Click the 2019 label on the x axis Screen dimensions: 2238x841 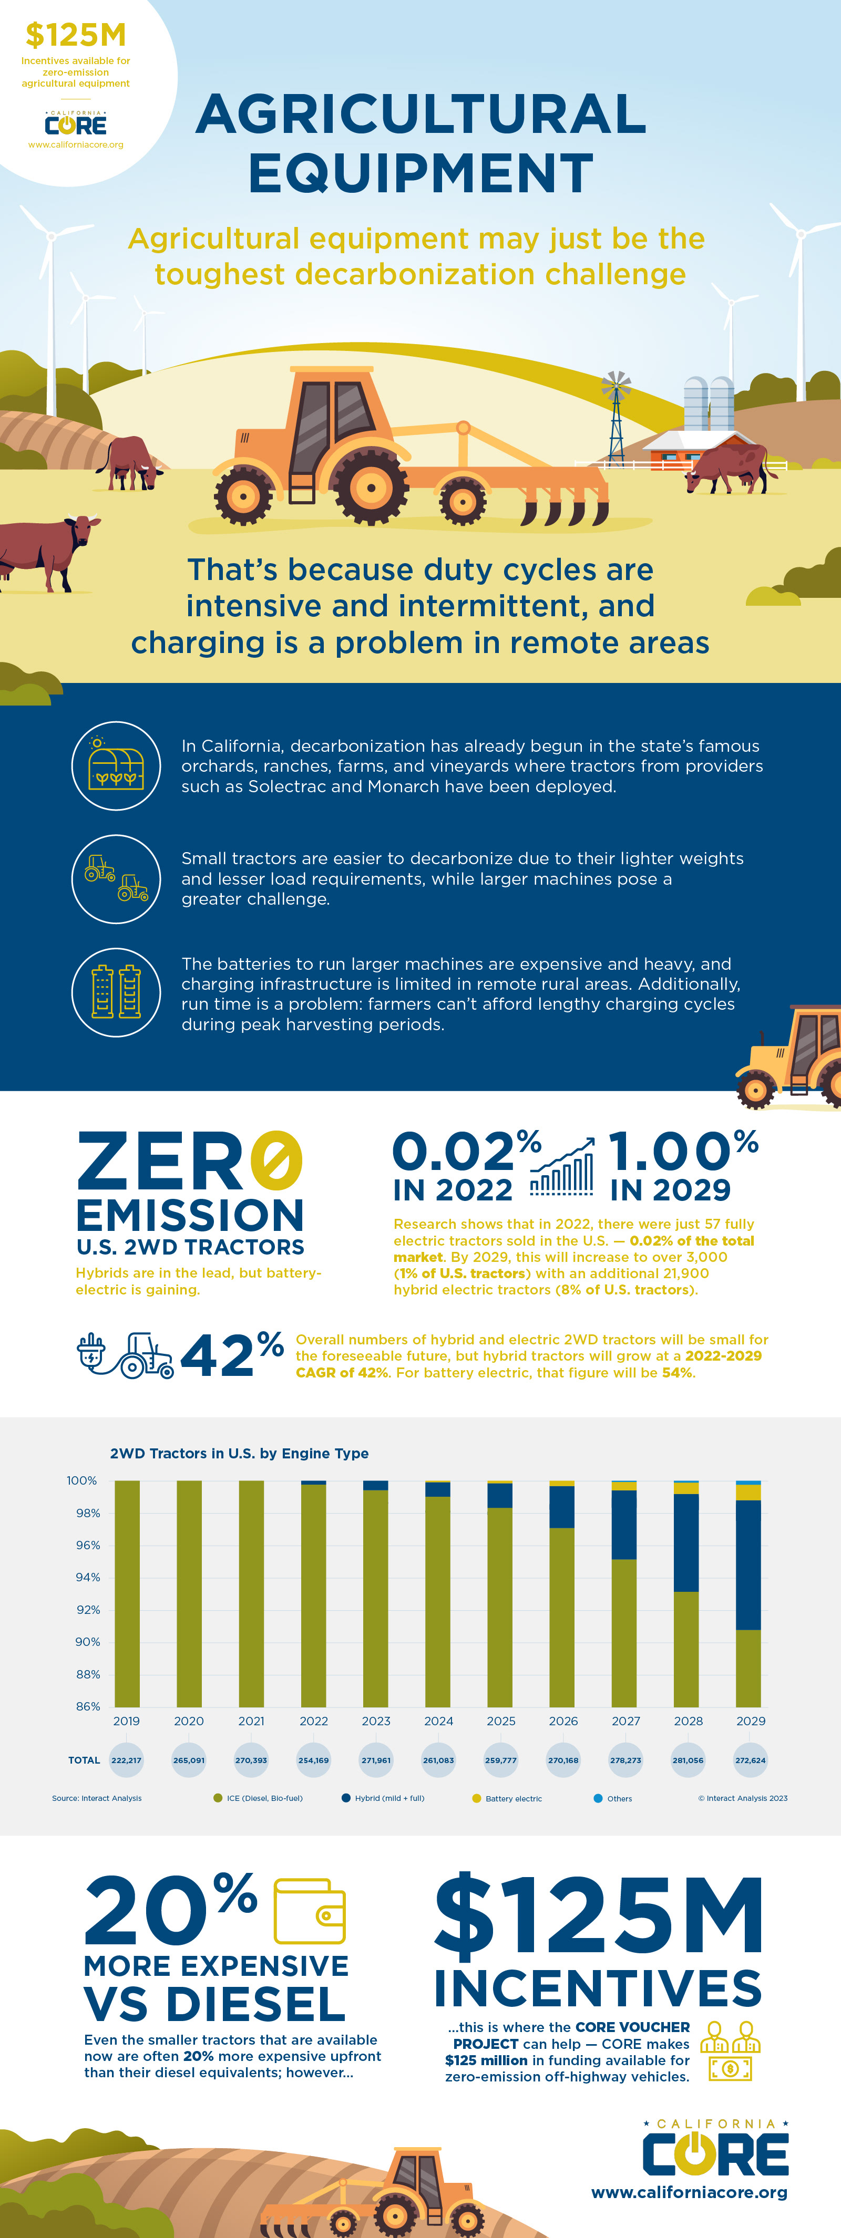126,1720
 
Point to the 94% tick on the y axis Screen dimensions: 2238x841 88,1577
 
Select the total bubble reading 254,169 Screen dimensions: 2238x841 314,1760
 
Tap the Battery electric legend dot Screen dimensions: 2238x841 476,1798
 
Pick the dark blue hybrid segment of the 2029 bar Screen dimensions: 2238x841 748,1564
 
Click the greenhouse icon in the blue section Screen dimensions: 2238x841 116,765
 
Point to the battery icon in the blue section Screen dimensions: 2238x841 116,991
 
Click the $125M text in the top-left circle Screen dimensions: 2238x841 76,35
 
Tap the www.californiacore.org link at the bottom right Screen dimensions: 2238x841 689,2192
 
